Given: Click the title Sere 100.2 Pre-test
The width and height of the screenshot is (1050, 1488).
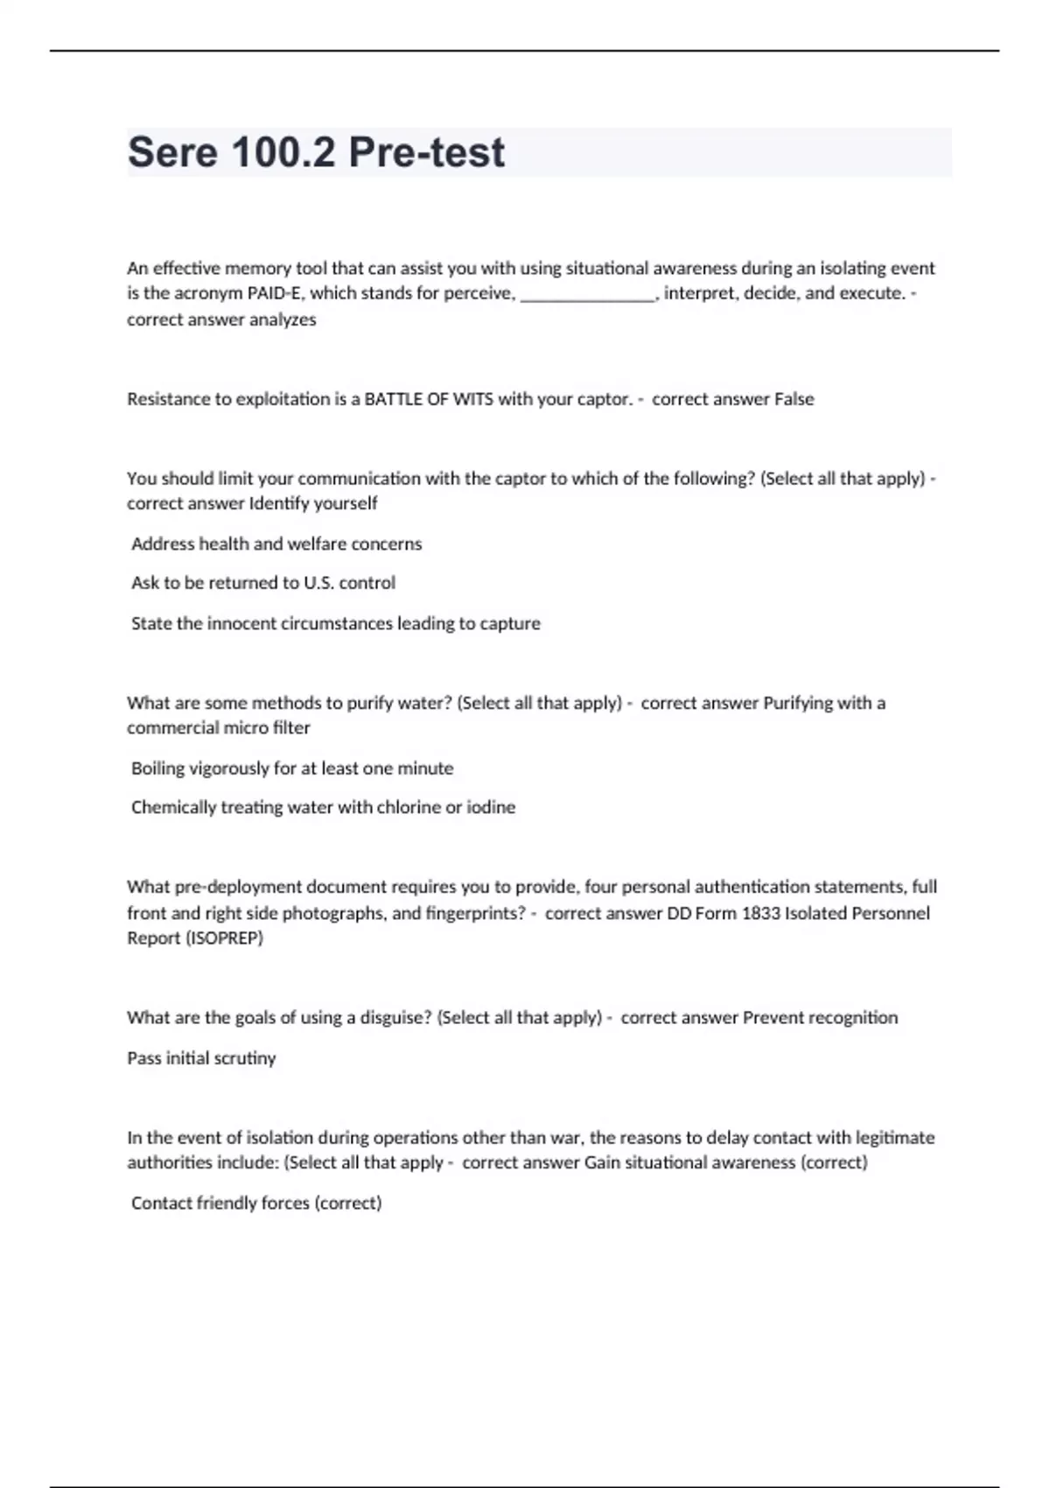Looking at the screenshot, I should [x=316, y=152].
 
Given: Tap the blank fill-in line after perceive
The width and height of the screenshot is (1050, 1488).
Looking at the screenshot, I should [x=588, y=295].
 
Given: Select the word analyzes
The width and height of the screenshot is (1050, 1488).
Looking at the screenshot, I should [x=283, y=319].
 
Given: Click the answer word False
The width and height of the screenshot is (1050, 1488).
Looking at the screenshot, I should [x=794, y=399].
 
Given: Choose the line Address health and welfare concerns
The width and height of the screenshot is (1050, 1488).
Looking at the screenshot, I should [x=276, y=544].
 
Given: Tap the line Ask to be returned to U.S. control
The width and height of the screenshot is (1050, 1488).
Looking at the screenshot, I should [x=263, y=583].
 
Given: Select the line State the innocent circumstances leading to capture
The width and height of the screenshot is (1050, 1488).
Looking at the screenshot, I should [x=336, y=623].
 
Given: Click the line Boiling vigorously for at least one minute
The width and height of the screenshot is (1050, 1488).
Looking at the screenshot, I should [x=292, y=768].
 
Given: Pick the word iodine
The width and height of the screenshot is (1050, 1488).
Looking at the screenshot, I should [x=491, y=807].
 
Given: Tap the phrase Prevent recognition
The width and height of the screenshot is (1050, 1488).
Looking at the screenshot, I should [x=820, y=1017].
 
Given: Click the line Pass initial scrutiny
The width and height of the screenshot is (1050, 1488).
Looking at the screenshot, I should [x=201, y=1058].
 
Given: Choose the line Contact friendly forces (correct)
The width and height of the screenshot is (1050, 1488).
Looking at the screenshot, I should [x=256, y=1203].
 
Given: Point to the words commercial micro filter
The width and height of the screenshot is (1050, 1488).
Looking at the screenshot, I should [x=219, y=727].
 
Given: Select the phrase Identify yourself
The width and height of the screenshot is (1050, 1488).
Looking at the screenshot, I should [x=313, y=503].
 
